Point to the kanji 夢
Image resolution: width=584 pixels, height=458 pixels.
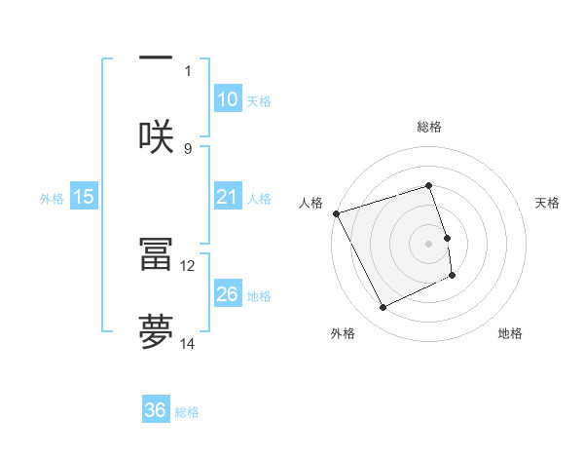156,331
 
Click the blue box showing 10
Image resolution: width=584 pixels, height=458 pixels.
227,99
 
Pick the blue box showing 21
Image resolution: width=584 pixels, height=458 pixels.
227,198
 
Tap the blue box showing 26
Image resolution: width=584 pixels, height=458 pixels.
227,294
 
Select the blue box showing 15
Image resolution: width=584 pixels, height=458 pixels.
84,198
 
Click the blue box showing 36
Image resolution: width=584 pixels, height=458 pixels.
156,411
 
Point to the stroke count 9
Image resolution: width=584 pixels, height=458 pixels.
188,148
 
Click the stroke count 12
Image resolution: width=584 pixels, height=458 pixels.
188,265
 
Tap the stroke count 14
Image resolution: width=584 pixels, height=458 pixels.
188,343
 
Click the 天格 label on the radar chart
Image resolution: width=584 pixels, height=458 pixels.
548,203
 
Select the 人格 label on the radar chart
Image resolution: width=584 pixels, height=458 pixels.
310,203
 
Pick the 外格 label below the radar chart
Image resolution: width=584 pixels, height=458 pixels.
343,333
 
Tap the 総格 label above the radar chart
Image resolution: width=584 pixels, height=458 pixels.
429,128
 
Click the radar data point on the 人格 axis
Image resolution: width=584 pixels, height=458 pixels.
336,213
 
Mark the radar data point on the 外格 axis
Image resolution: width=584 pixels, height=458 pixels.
383,308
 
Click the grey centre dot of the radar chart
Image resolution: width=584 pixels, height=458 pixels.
429,244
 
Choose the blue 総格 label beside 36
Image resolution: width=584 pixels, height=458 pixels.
187,412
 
